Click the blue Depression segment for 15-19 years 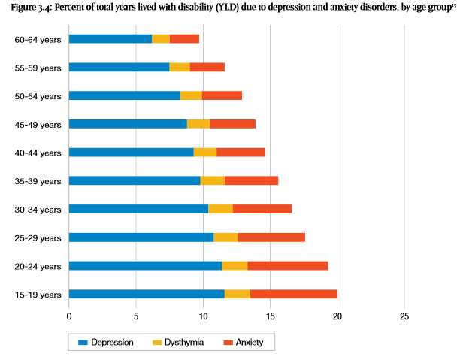coord(147,294)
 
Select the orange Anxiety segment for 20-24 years coord(288,265)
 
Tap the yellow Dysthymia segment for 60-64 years coord(161,39)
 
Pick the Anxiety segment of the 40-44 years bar coord(241,153)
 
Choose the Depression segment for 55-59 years coord(119,67)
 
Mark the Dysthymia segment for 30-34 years coord(221,209)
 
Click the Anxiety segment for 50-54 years coord(222,95)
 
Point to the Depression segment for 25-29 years coord(141,237)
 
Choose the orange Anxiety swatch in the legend coord(231,343)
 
